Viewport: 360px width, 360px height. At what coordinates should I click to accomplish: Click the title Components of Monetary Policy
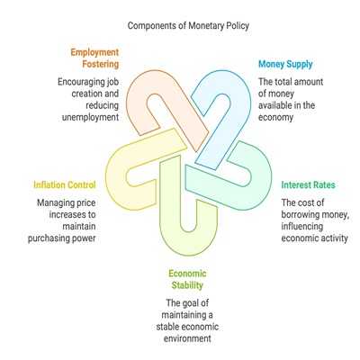(188, 26)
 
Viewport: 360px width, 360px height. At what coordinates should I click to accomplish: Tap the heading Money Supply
(285, 64)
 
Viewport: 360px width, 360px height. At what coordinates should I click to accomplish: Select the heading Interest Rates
(308, 184)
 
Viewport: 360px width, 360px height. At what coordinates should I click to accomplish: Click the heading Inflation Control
(65, 184)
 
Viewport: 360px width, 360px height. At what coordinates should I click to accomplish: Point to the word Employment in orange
(94, 52)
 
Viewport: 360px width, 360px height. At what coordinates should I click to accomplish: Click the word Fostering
(101, 64)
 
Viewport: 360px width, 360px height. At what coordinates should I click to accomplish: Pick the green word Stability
(187, 285)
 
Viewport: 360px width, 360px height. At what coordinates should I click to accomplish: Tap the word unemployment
(90, 117)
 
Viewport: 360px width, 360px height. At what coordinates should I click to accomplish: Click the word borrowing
(301, 215)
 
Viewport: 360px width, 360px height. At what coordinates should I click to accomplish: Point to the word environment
(187, 338)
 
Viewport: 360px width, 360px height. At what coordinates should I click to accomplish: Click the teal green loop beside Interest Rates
(261, 177)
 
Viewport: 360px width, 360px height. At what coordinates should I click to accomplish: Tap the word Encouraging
(81, 82)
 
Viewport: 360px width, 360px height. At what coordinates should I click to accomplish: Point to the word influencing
(302, 227)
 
